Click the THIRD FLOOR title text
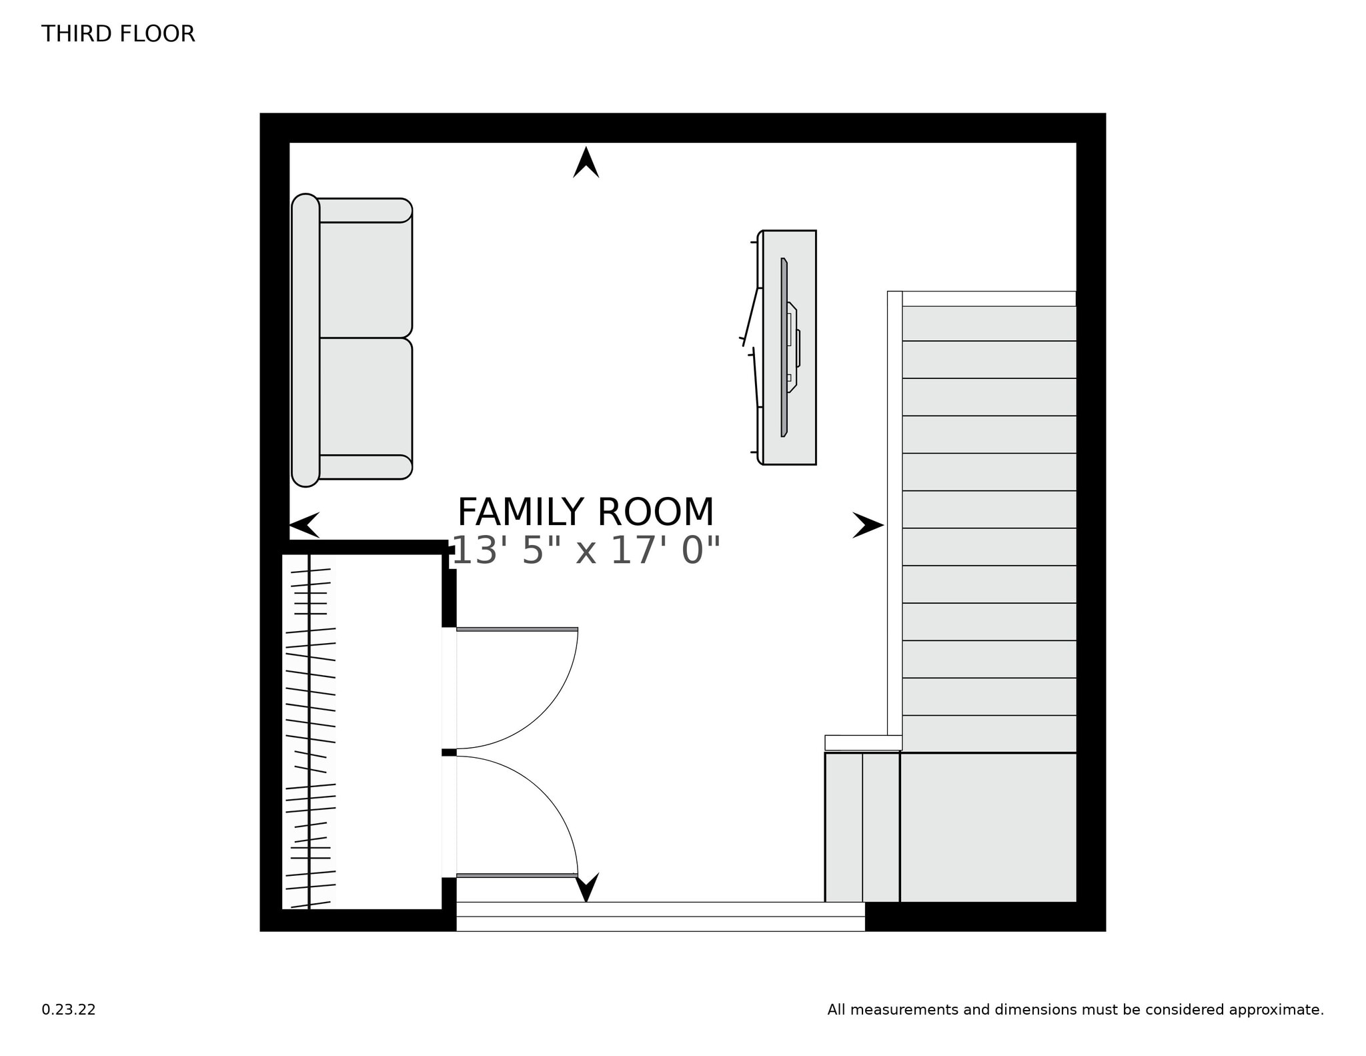pos(118,33)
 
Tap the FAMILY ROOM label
pos(585,512)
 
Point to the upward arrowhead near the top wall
pos(586,163)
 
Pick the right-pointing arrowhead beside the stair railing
pos(868,525)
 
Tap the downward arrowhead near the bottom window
pos(587,887)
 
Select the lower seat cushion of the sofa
pos(365,397)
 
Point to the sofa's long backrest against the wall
pos(305,340)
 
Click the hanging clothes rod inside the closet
pos(309,730)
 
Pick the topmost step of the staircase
pos(988,324)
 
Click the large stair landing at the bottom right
pos(988,827)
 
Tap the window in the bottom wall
pos(660,917)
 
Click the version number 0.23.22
pos(69,1010)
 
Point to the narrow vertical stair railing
pos(894,514)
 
